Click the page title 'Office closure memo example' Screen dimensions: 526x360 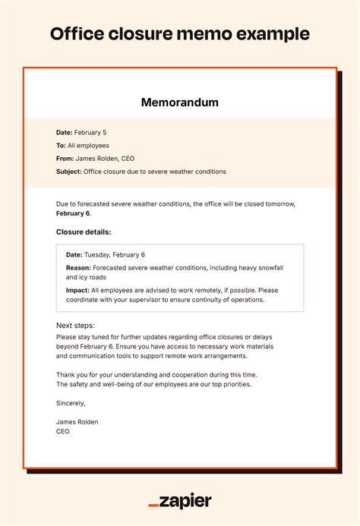(x=180, y=34)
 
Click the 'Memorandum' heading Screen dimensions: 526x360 (x=179, y=102)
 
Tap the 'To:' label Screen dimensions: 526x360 (x=62, y=145)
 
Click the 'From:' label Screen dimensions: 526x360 (x=65, y=158)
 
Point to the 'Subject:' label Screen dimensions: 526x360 (x=69, y=172)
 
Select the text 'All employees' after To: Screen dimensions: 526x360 (x=89, y=145)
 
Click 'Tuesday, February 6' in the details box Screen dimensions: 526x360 (x=114, y=255)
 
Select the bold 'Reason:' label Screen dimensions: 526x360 (x=78, y=268)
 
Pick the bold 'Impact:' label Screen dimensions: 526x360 (x=77, y=290)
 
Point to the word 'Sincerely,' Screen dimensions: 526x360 (x=71, y=403)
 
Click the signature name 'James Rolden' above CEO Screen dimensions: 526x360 (x=77, y=421)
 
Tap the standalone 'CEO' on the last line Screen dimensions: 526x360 (x=62, y=431)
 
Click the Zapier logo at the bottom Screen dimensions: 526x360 (x=180, y=502)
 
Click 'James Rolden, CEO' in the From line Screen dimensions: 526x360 (x=106, y=158)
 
